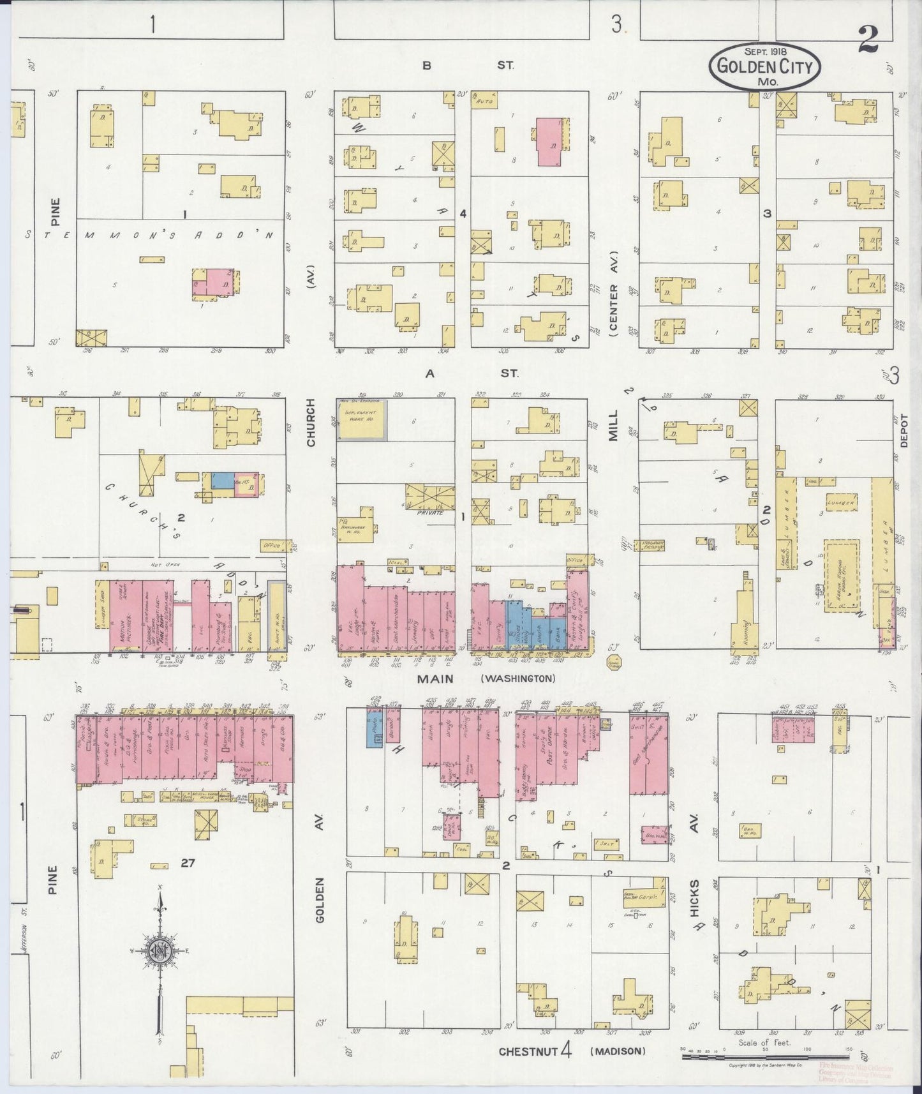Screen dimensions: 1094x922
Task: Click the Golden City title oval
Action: [x=765, y=66]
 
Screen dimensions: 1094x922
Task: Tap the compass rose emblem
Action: [x=159, y=950]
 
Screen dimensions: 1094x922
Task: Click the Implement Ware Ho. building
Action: [x=361, y=420]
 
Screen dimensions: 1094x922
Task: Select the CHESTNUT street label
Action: [x=528, y=1051]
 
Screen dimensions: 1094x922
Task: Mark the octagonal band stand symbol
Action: [x=614, y=662]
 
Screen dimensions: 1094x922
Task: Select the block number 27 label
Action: [x=187, y=863]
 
